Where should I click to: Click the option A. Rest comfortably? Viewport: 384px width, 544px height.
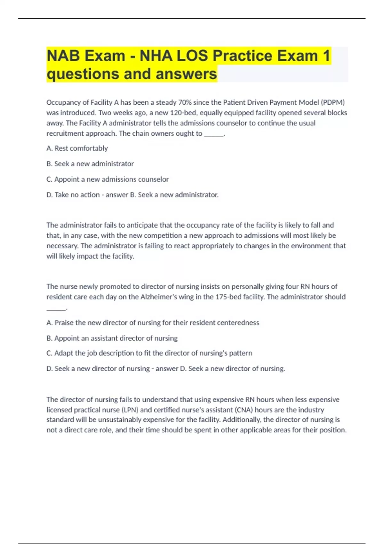pos(77,148)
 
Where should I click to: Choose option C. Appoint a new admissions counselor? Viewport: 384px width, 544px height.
pos(108,179)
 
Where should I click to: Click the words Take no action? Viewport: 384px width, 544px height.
pos(77,195)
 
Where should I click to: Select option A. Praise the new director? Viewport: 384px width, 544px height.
pos(153,323)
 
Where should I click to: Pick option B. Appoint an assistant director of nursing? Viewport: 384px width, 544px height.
pos(112,338)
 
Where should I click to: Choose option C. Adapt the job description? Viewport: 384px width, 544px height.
pos(149,353)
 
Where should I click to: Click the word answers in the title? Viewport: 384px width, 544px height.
pos(186,74)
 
